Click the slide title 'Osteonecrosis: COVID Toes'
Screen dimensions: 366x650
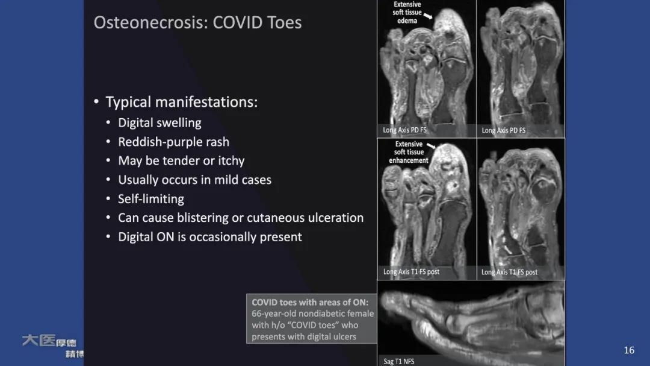[197, 23]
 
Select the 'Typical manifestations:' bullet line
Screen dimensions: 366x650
[181, 102]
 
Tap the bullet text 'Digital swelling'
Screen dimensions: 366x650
[159, 122]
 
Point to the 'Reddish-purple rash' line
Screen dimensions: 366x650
[173, 142]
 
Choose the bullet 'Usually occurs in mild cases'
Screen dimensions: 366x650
[194, 180]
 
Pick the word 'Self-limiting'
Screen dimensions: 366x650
[151, 198]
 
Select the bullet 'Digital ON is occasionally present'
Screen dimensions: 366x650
[209, 237]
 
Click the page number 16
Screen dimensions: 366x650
[629, 350]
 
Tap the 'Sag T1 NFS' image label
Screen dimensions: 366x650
[399, 361]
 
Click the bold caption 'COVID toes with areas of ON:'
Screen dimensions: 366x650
[310, 302]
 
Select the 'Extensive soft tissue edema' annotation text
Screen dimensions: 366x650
[407, 12]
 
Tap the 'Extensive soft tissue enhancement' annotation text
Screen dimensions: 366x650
[409, 153]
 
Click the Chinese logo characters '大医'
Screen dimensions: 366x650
[39, 341]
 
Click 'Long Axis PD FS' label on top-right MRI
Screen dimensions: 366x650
[503, 130]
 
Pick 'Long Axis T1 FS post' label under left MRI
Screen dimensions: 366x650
[411, 272]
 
